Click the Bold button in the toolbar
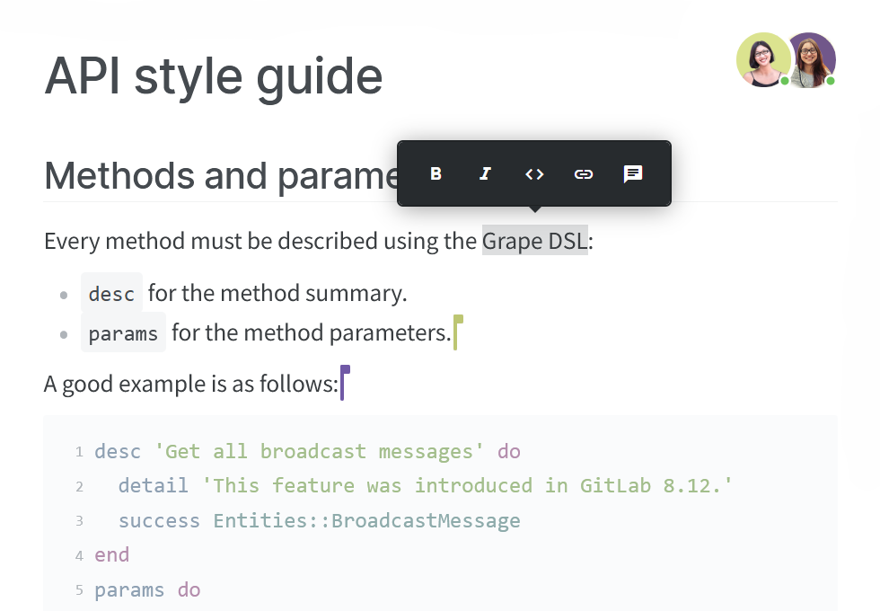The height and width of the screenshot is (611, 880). click(436, 174)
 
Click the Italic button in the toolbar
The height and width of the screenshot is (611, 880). click(485, 174)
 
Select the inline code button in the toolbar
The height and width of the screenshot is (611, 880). click(534, 174)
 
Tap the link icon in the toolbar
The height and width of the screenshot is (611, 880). click(584, 174)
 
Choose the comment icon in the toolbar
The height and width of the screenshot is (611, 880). click(633, 174)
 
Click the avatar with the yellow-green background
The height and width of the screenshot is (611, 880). click(762, 59)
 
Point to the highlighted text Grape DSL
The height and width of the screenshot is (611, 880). click(534, 241)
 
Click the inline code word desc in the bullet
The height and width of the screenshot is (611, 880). click(111, 294)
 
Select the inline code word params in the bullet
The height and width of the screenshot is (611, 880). click(123, 333)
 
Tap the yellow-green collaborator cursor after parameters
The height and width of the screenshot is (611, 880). click(457, 332)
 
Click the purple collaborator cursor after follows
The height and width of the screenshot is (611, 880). click(343, 383)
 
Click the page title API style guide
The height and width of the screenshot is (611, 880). click(214, 76)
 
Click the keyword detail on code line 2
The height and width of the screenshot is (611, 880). click(153, 486)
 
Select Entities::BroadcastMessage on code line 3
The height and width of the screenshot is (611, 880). click(366, 521)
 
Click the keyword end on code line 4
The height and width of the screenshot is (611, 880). click(112, 555)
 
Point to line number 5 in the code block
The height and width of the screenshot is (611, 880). click(79, 590)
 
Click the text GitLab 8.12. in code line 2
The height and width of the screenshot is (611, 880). click(656, 486)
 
